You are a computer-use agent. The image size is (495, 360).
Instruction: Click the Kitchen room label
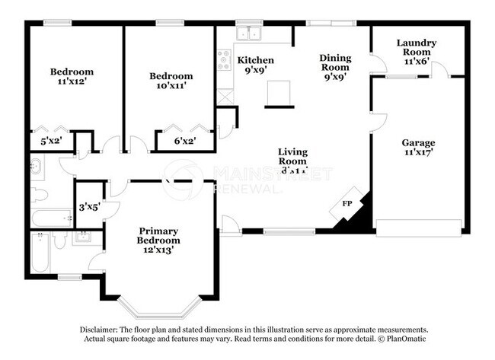click(x=255, y=59)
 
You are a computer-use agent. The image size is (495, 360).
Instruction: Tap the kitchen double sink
click(x=248, y=34)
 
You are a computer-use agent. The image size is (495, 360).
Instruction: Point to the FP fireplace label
click(x=346, y=204)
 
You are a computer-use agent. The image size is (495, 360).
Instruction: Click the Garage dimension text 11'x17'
click(x=418, y=153)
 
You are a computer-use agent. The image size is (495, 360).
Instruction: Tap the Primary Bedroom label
click(x=158, y=235)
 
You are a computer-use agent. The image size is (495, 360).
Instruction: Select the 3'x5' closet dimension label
click(x=90, y=205)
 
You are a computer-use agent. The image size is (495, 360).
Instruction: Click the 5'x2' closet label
click(x=50, y=141)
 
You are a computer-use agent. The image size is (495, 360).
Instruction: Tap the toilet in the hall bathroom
click(x=40, y=196)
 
